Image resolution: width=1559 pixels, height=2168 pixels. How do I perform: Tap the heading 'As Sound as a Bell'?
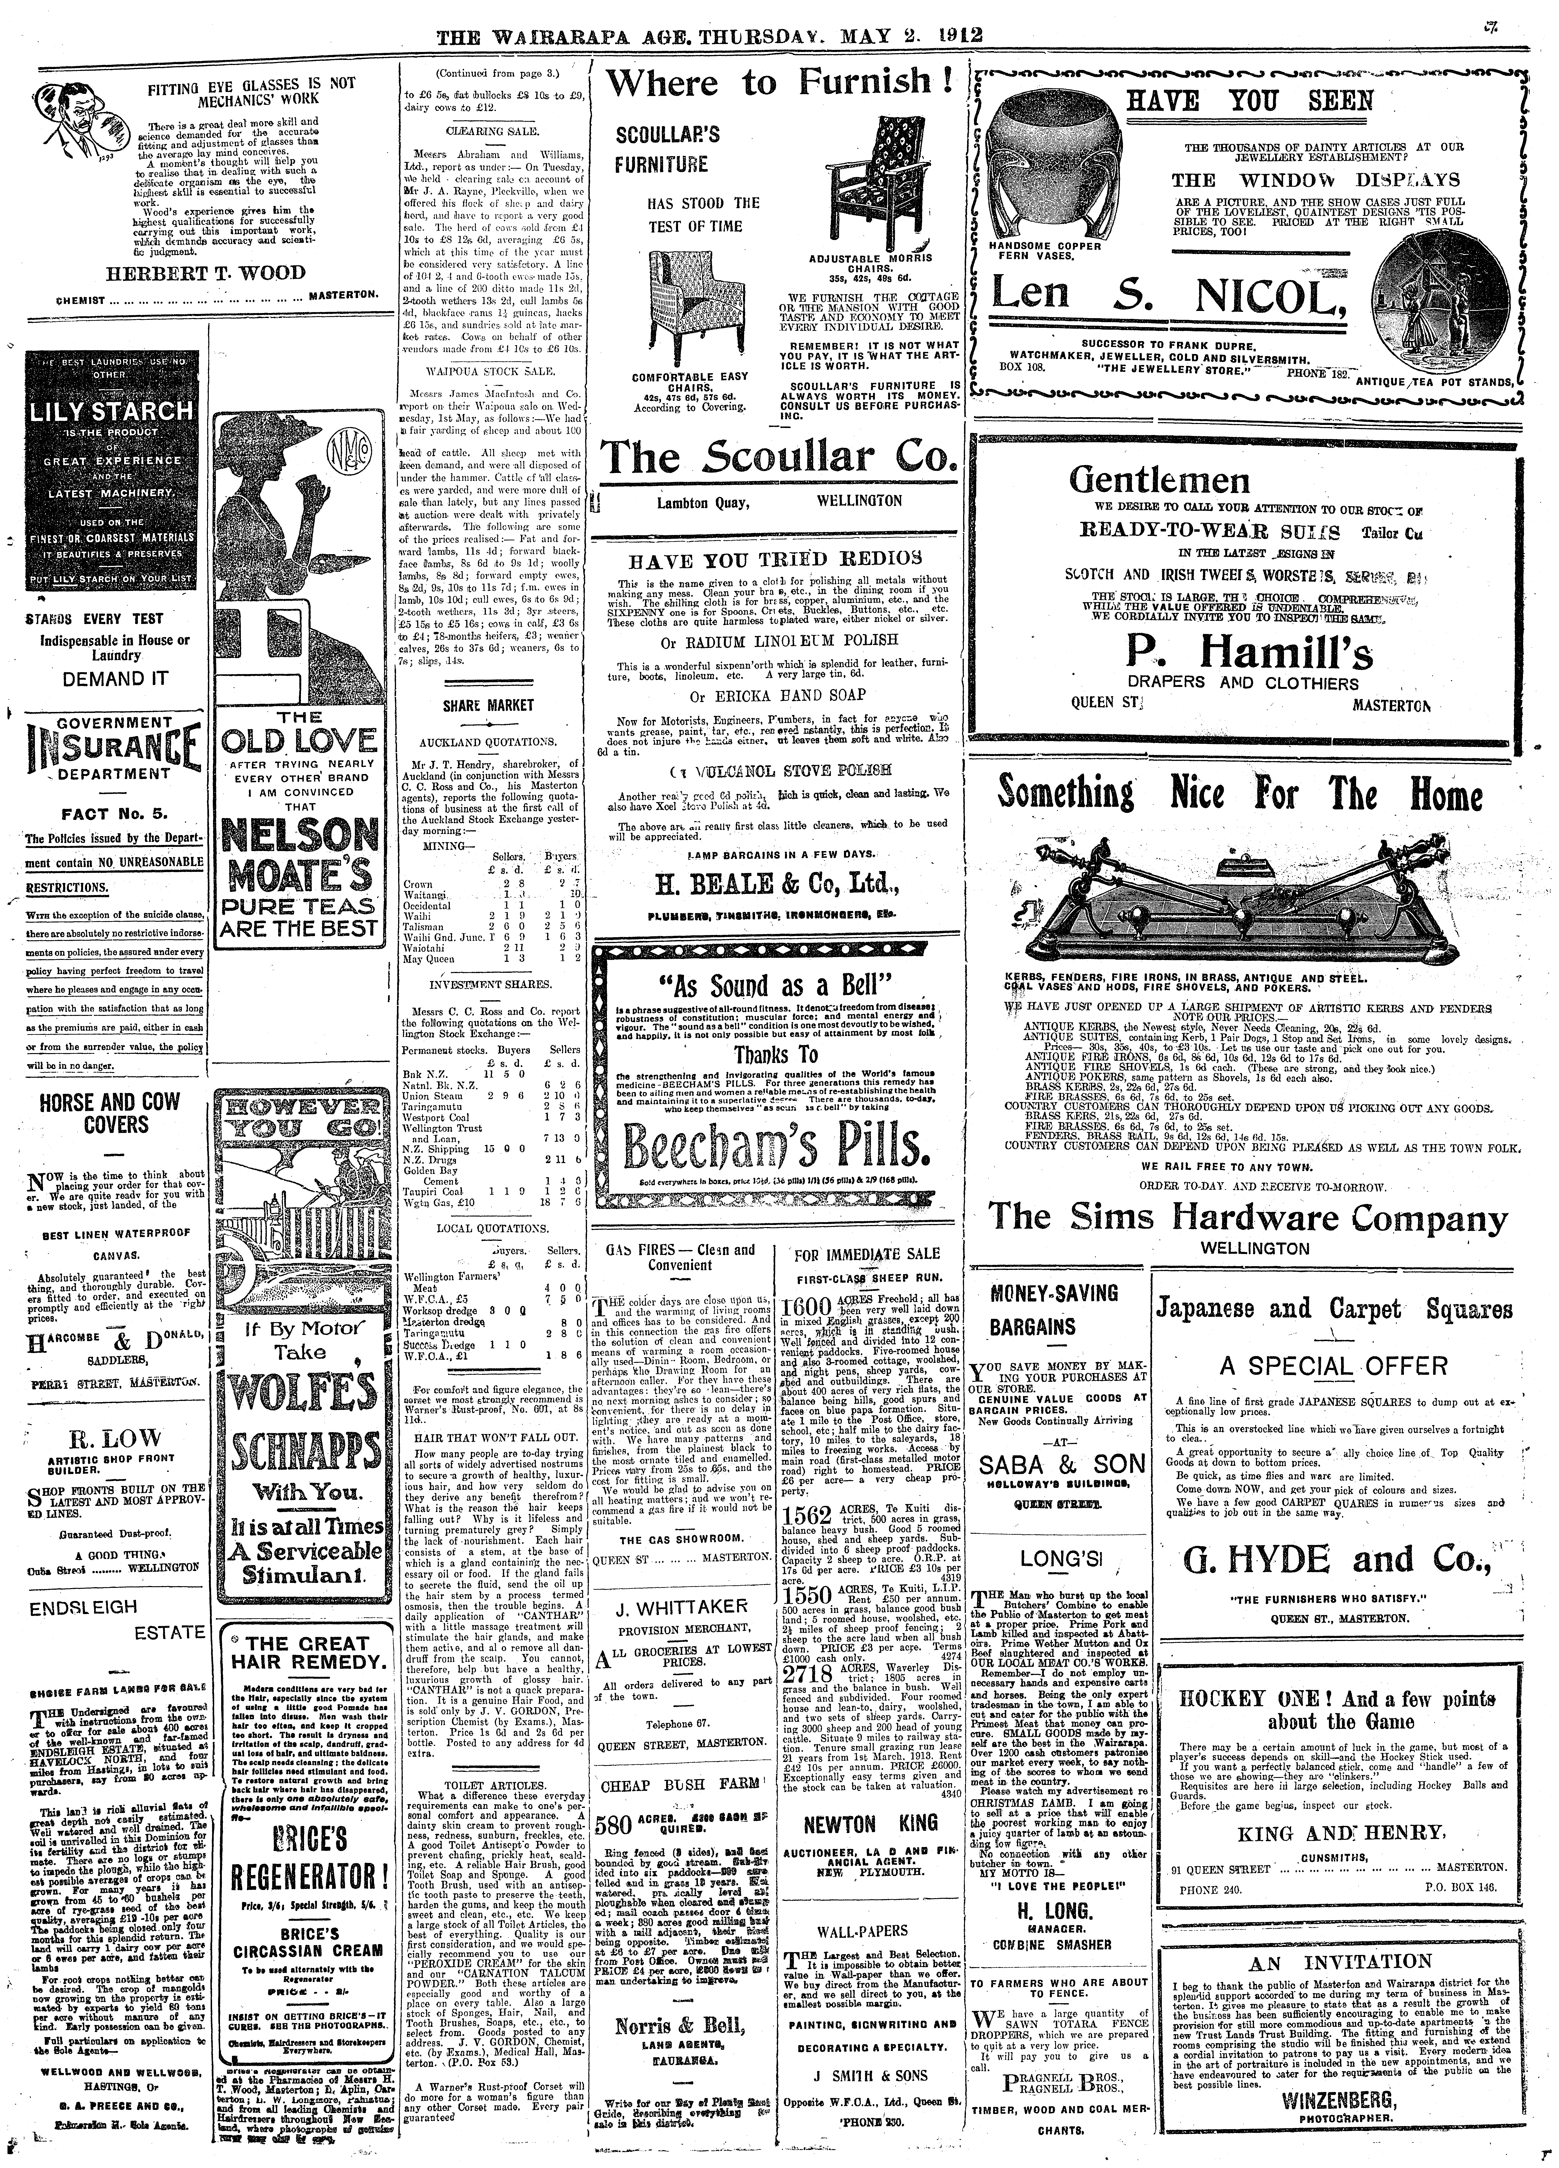(775, 985)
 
